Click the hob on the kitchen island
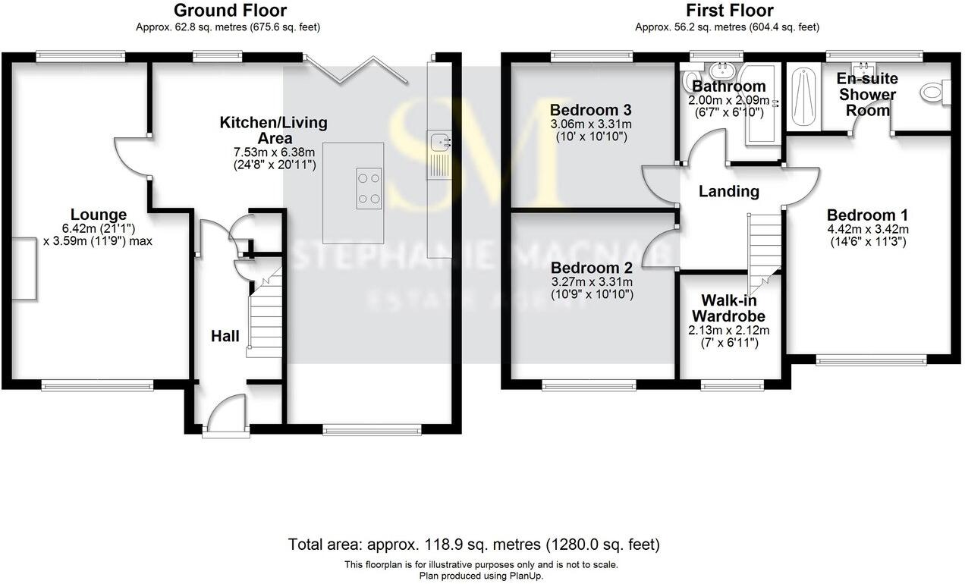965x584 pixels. pyautogui.click(x=369, y=188)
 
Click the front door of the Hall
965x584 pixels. pyautogui.click(x=225, y=417)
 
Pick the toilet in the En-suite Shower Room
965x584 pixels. pyautogui.click(x=933, y=93)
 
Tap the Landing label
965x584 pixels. pyautogui.click(x=728, y=191)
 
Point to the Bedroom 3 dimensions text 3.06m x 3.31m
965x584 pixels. pyautogui.click(x=591, y=124)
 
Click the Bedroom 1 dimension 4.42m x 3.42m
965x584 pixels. pyautogui.click(x=867, y=229)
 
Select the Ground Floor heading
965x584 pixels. pyautogui.click(x=230, y=11)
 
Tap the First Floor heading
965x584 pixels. pyautogui.click(x=730, y=11)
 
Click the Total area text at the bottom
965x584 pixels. pyautogui.click(x=474, y=545)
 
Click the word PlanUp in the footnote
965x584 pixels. pyautogui.click(x=525, y=576)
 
